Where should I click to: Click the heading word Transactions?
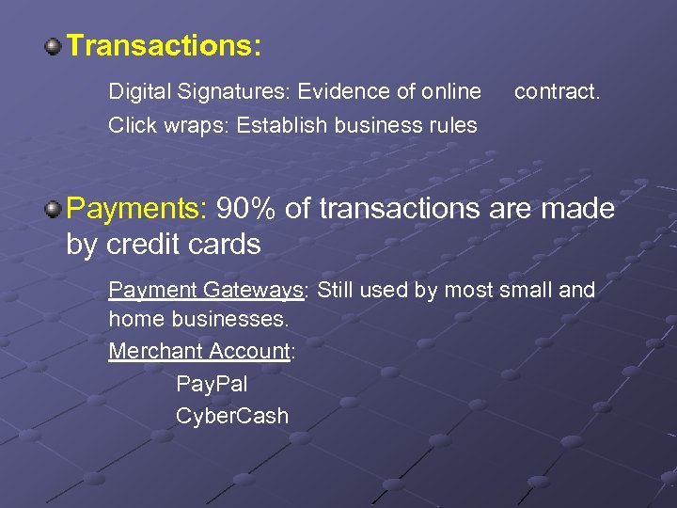pos(165,45)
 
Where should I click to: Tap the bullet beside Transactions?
pos(55,45)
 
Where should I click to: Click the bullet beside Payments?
pos(55,207)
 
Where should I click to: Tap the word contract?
pos(557,91)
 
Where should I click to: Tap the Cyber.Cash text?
pos(232,415)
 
